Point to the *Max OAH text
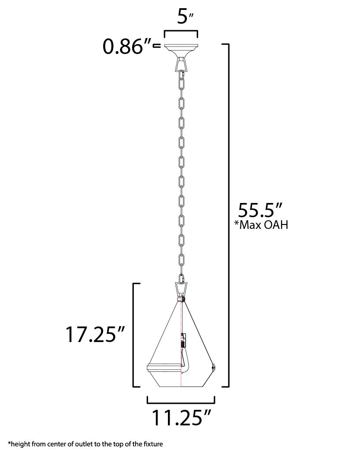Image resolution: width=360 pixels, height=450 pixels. click(x=260, y=226)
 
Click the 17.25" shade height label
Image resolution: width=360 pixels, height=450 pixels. click(x=95, y=334)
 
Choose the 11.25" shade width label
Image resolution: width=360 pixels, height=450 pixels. click(x=181, y=417)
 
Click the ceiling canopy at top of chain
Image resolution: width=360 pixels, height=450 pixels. click(x=181, y=49)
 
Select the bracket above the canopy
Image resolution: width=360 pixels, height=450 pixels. click(x=181, y=33)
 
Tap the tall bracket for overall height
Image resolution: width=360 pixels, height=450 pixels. click(x=227, y=216)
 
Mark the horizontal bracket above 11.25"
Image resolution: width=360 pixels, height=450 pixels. click(x=181, y=400)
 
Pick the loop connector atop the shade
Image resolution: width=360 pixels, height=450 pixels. click(x=181, y=288)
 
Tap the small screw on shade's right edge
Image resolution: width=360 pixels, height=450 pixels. click(x=213, y=368)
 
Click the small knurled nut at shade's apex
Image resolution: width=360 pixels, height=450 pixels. click(x=182, y=298)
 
